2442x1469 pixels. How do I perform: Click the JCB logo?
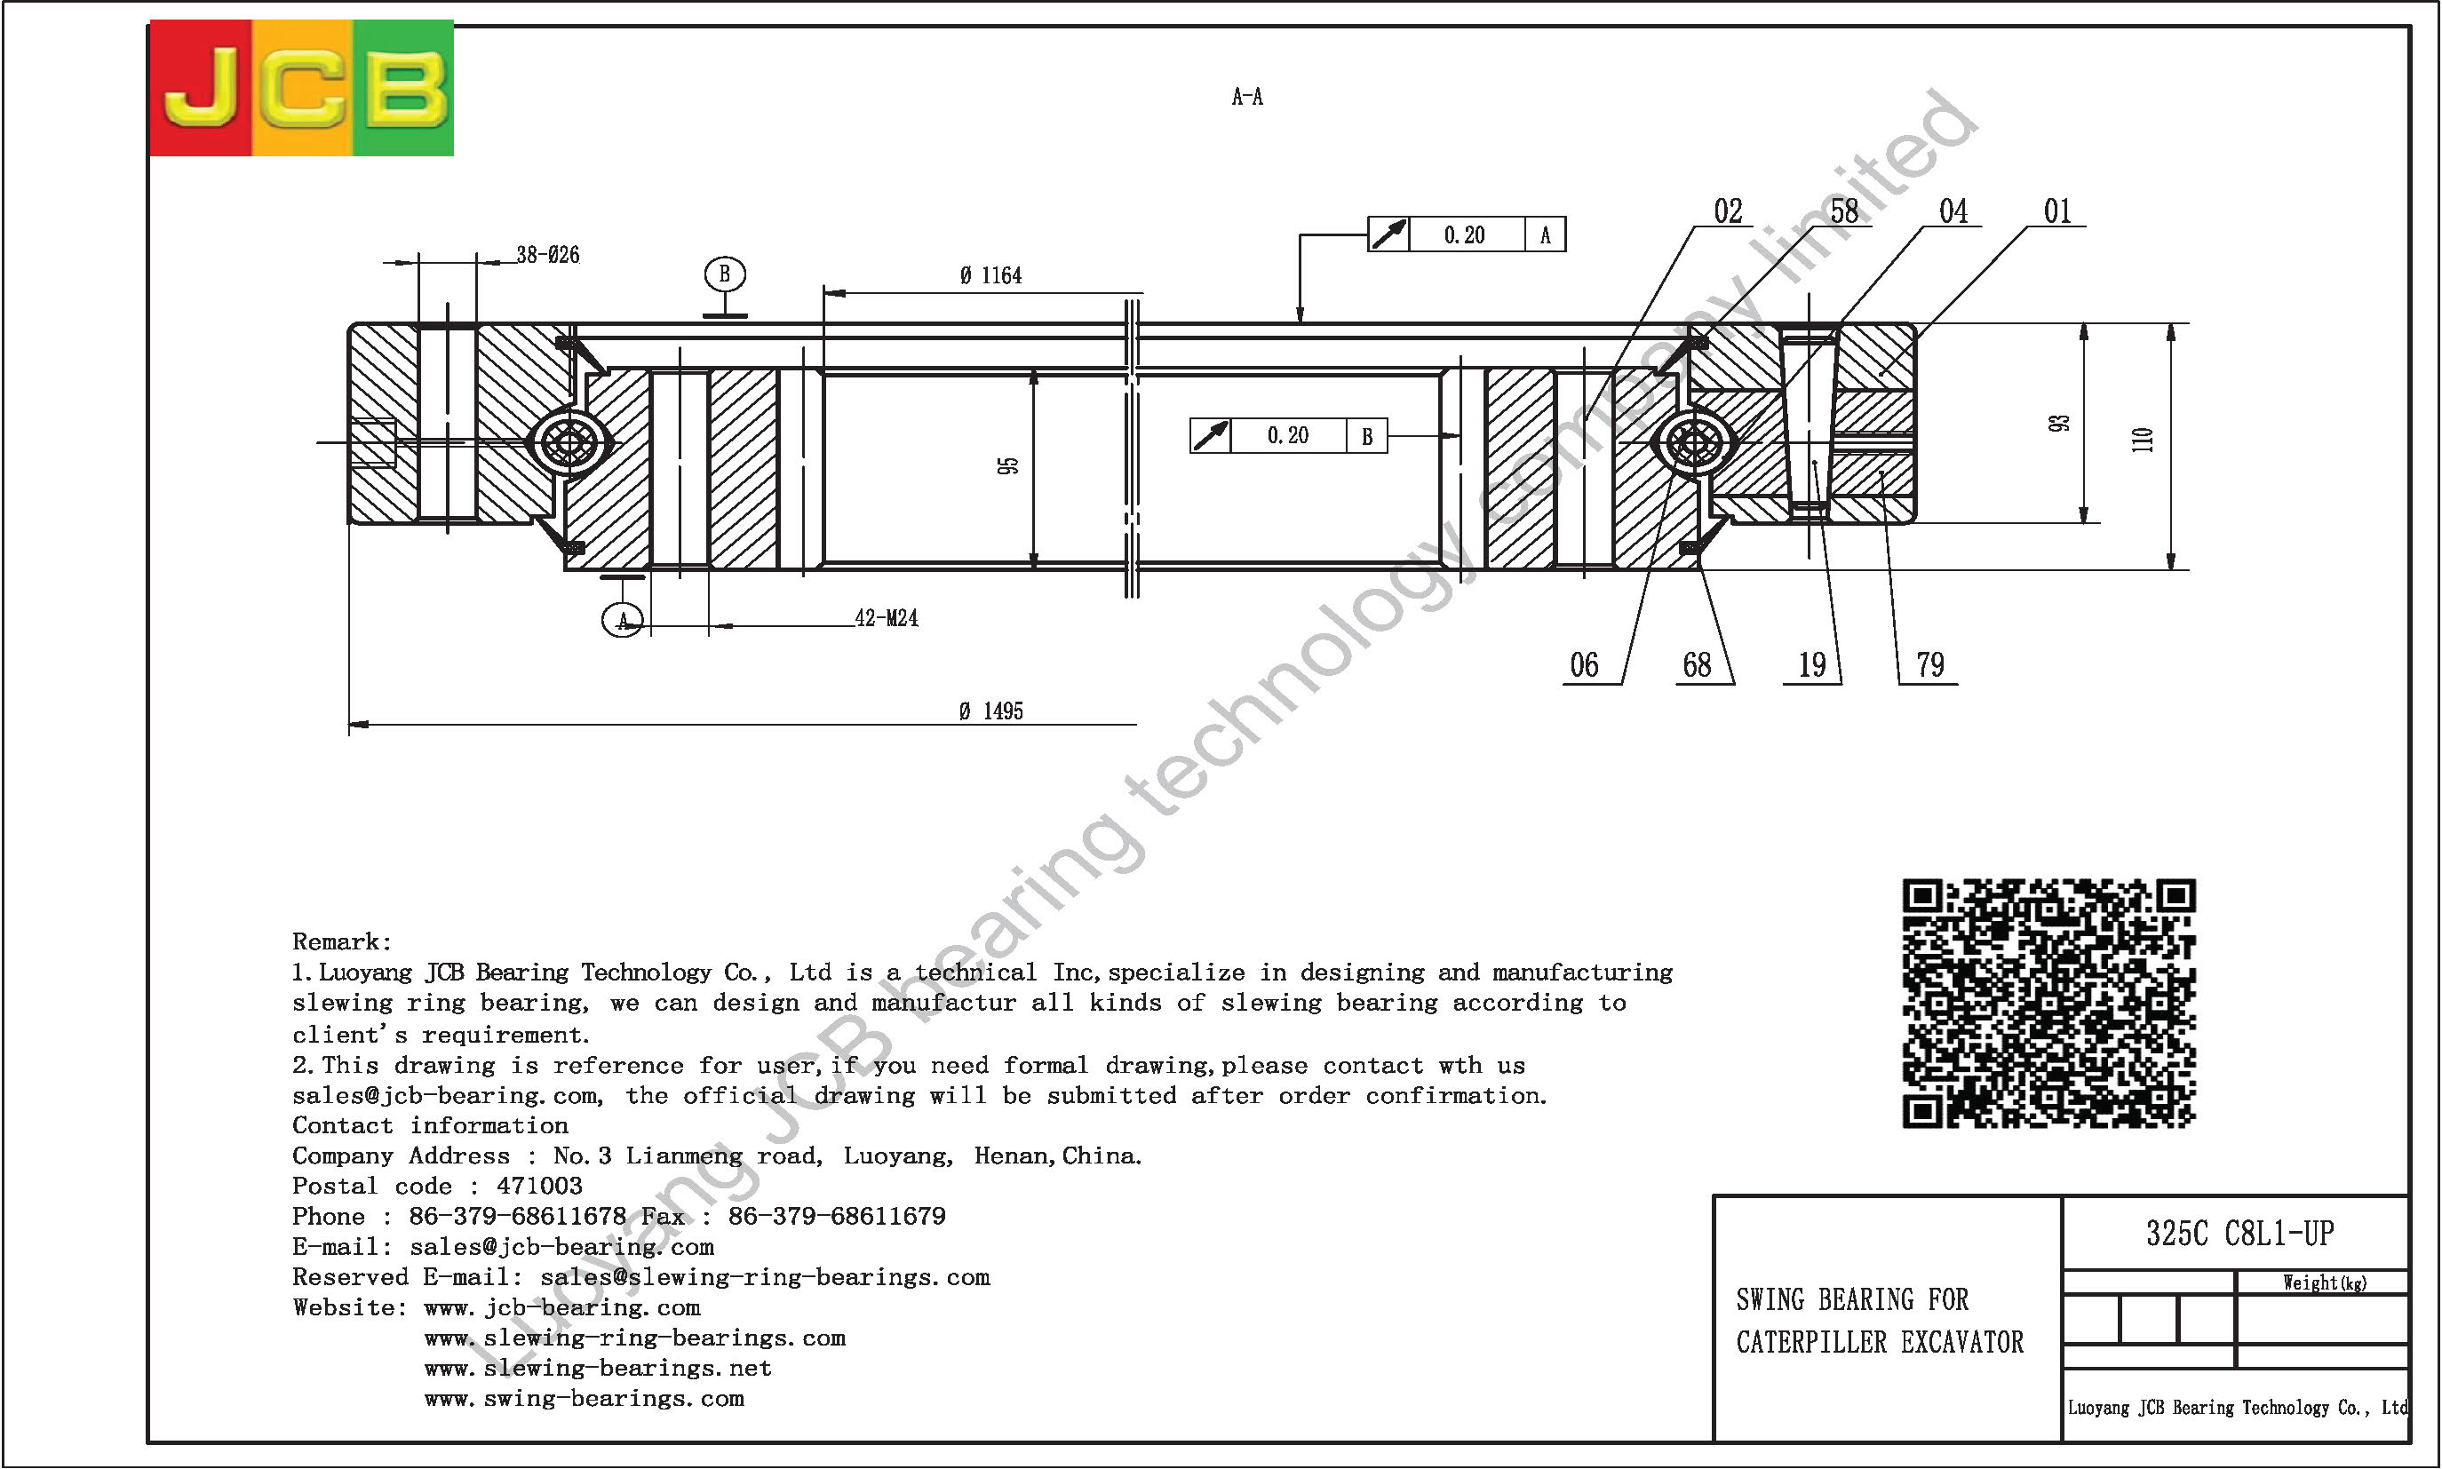(301, 88)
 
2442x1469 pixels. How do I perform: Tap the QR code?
(2048, 1003)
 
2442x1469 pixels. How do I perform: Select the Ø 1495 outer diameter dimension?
(990, 711)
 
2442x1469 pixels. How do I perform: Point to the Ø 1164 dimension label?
(990, 275)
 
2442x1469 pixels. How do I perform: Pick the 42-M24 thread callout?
(886, 617)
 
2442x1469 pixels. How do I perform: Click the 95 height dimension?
(1007, 465)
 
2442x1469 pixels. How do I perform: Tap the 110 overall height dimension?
(2142, 440)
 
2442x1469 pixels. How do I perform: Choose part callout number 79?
(1930, 664)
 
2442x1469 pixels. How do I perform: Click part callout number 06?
(1584, 664)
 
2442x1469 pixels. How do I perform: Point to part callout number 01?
(2057, 210)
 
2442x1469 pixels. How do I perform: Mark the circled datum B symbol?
(725, 274)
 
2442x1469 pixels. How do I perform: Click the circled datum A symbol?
(623, 621)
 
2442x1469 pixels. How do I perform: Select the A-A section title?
(1247, 97)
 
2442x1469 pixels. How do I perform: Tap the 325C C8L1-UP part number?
(2240, 1234)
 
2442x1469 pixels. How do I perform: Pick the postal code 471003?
(539, 1186)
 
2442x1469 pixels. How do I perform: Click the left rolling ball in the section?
(571, 443)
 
